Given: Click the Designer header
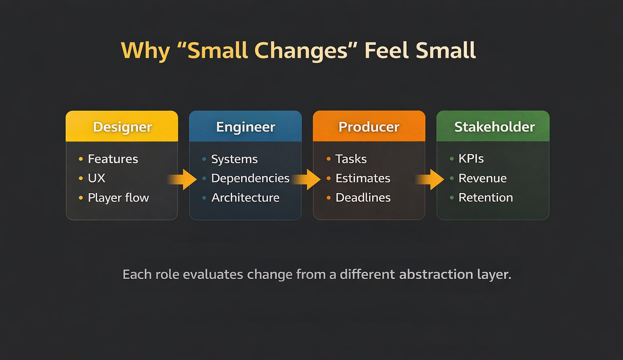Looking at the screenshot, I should coord(122,127).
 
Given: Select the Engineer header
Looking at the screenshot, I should coord(245,127).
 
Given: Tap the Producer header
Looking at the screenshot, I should coord(369,127).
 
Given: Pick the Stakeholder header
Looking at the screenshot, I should coord(494,127).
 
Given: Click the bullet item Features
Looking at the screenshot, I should coord(113,159).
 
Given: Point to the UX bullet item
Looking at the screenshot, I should coord(97,178).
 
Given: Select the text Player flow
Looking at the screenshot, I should coord(118,198).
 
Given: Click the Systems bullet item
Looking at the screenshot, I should coord(234,159).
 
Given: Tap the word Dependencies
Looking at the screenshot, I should coord(250,178).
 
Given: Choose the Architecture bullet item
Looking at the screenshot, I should coord(245,198).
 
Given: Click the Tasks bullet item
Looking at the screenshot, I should coord(351,159).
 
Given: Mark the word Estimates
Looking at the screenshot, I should coord(363,178).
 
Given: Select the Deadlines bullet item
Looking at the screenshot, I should coord(363,198).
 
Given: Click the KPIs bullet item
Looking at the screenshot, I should coord(471,159).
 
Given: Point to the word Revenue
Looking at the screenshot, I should coord(482,178).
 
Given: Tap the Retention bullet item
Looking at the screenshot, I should coord(486,198).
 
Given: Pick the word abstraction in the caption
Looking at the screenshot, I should coord(436,274).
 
